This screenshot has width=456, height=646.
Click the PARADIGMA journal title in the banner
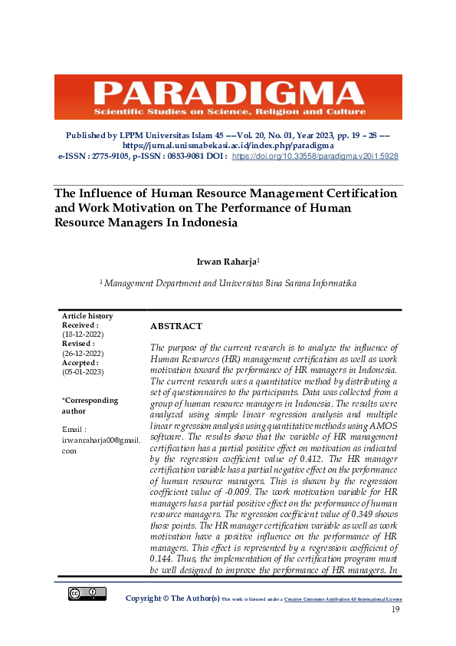pos(228,94)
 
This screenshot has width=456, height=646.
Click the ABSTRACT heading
pos(176,326)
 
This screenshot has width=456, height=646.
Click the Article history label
pos(87,316)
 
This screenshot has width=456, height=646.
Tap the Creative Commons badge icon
pos(87,593)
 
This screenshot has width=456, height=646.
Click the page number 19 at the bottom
pos(396,609)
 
